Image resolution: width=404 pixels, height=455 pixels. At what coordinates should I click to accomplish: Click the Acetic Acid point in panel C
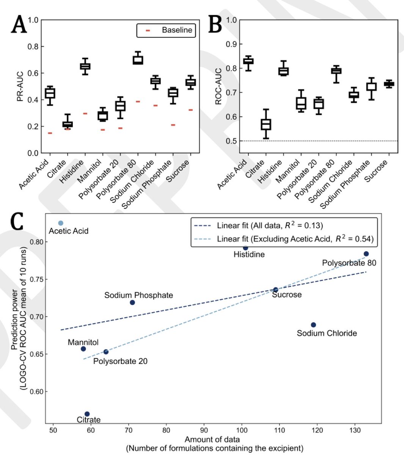(x=61, y=223)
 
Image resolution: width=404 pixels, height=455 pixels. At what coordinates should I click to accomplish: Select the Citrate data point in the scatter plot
(x=87, y=414)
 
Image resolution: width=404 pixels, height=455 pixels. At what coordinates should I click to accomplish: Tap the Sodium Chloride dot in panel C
(x=313, y=325)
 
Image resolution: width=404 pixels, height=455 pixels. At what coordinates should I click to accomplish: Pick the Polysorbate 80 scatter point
(x=366, y=254)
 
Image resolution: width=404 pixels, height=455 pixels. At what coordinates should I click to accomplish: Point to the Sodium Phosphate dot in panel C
(x=132, y=303)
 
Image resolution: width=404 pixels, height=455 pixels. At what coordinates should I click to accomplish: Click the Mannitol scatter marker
(x=83, y=349)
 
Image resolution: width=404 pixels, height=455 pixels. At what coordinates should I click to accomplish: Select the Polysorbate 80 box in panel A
(x=138, y=60)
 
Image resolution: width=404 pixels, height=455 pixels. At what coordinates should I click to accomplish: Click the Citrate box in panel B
(x=266, y=124)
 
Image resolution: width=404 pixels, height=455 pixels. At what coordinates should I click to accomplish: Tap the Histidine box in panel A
(x=85, y=66)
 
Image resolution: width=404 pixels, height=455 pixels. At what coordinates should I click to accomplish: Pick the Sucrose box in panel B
(x=389, y=84)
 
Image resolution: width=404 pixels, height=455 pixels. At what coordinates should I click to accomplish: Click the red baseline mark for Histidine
(x=85, y=113)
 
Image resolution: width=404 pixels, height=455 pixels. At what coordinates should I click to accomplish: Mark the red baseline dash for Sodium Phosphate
(x=173, y=125)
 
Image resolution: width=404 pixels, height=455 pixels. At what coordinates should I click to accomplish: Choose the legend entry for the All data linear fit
(x=258, y=226)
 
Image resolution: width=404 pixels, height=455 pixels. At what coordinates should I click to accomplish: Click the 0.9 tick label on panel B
(x=231, y=44)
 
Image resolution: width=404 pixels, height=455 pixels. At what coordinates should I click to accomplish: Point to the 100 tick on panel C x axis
(x=242, y=430)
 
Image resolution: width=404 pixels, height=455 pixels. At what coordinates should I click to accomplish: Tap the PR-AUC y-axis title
(x=20, y=86)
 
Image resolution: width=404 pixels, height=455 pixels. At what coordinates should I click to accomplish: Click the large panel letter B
(x=215, y=24)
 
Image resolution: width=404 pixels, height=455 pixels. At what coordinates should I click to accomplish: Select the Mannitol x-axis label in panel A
(x=89, y=171)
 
